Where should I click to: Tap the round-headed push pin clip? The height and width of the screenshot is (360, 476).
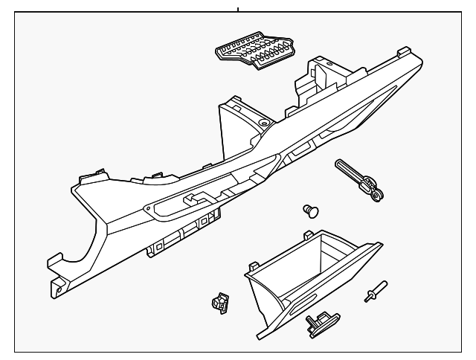point(312,210)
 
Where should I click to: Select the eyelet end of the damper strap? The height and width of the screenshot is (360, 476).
point(378,196)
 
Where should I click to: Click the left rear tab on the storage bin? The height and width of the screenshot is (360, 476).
point(306,237)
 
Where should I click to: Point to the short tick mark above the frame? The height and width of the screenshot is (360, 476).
point(238,10)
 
